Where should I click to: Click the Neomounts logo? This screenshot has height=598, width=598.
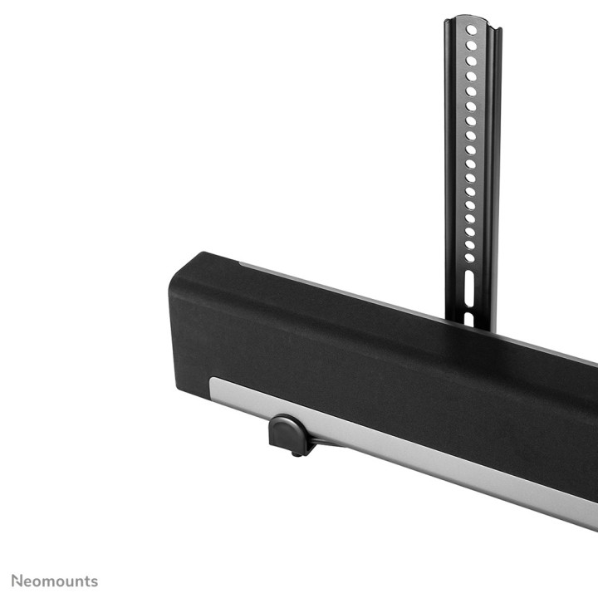(x=54, y=581)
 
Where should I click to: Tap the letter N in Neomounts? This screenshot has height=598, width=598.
(x=16, y=581)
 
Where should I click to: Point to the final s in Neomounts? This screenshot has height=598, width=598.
(x=94, y=581)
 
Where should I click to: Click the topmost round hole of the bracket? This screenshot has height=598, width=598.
(x=472, y=30)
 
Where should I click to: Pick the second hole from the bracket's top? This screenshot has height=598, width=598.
(x=472, y=45)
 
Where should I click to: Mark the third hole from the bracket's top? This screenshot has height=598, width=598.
(x=472, y=60)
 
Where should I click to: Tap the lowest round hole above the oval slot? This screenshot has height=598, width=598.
(x=469, y=257)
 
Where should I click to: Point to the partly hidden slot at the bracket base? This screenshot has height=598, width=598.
(x=468, y=319)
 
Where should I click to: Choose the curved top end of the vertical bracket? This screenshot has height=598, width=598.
(x=472, y=19)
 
